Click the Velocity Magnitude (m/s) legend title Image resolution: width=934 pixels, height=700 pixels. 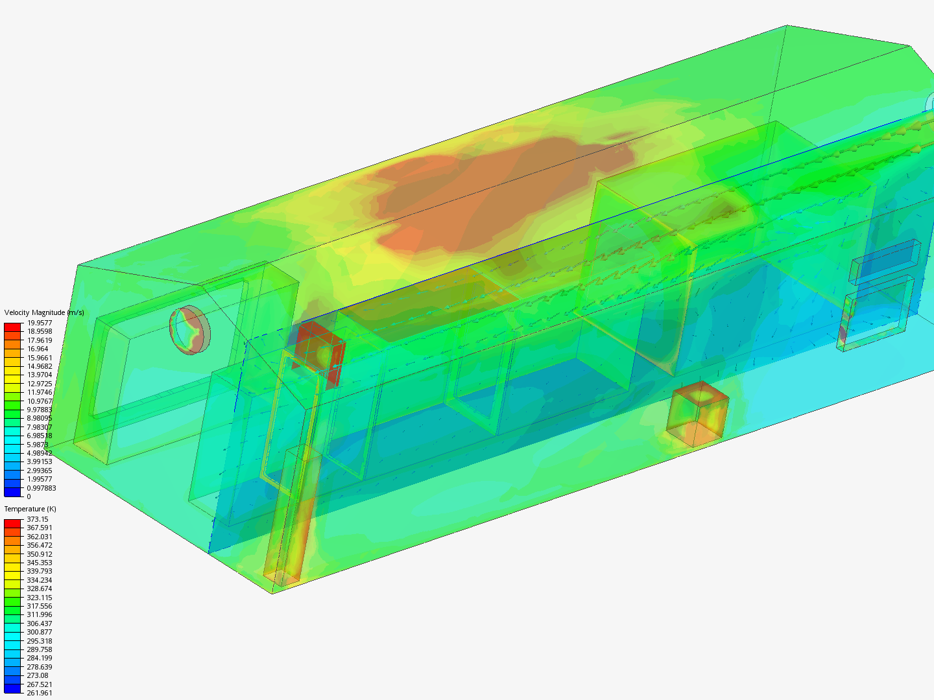[x=44, y=312]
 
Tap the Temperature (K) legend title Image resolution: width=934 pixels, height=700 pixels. [x=30, y=509]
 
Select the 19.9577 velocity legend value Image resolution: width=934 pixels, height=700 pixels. [x=40, y=323]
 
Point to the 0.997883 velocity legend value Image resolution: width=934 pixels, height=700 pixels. [x=42, y=488]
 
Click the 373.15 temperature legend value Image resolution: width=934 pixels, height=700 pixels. [x=38, y=519]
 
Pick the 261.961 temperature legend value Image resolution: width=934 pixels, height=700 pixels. [x=40, y=693]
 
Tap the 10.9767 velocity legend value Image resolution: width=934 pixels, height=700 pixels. [x=40, y=401]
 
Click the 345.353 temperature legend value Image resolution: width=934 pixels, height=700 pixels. [x=40, y=563]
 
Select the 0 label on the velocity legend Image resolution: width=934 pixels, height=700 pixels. [x=29, y=496]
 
